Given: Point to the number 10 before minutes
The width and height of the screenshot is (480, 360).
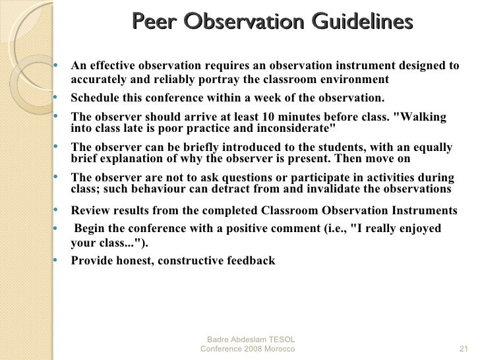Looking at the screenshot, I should point(287,117).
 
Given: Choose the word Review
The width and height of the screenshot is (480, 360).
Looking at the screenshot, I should point(90,210).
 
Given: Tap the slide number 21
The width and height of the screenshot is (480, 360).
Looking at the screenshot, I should point(462,347).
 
